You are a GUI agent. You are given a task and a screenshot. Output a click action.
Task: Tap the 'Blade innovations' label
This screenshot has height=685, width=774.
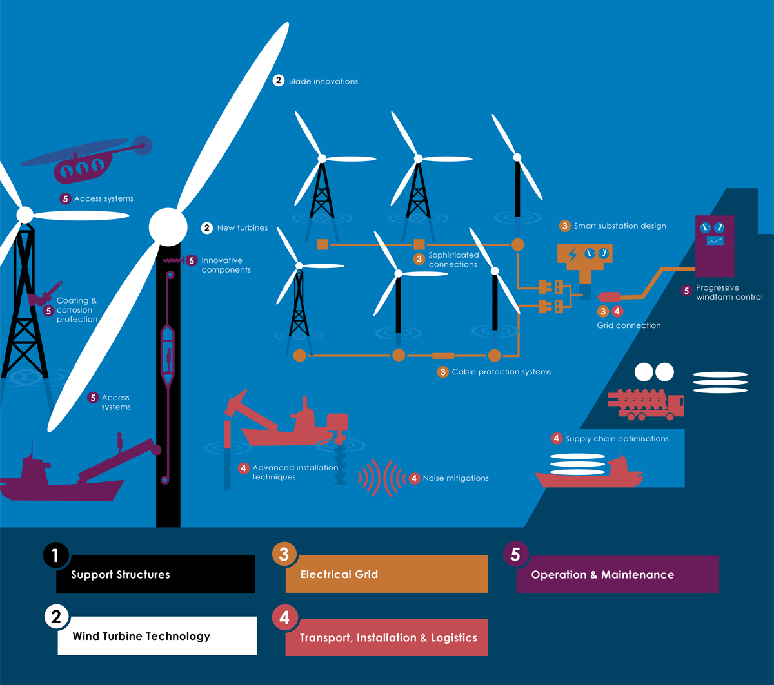click(322, 82)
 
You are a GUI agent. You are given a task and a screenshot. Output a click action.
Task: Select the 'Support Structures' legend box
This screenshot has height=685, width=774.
click(155, 574)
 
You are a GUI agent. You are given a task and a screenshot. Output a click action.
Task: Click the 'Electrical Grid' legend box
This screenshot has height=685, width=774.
click(386, 574)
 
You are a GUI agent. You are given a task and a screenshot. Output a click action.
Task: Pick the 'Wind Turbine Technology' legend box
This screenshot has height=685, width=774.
click(157, 636)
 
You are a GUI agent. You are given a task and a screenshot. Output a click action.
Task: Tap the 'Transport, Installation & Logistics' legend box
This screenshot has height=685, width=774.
click(386, 638)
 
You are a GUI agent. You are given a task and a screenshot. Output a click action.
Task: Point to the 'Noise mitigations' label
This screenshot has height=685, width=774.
click(455, 478)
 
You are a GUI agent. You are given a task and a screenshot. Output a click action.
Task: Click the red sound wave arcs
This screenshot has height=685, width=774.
click(381, 478)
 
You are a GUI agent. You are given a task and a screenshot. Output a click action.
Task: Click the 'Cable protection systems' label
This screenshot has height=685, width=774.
click(501, 372)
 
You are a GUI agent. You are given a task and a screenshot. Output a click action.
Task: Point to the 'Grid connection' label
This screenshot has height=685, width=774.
click(628, 325)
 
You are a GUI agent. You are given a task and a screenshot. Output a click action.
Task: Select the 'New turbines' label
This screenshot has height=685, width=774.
click(242, 228)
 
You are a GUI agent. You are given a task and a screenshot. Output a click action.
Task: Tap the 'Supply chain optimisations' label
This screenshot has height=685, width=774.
click(617, 439)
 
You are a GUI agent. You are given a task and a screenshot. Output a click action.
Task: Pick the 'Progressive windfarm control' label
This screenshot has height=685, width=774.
click(726, 292)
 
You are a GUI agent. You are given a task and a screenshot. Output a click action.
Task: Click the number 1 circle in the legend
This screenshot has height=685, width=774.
click(55, 555)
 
